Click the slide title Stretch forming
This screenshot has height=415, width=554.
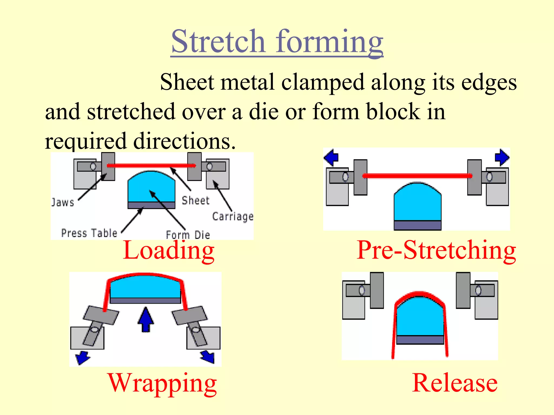click(277, 42)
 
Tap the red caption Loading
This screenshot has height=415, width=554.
click(169, 251)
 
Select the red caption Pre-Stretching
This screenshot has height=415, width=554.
click(436, 250)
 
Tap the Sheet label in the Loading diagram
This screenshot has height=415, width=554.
click(196, 200)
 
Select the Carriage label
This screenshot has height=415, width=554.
click(233, 216)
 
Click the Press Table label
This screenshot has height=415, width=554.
click(89, 233)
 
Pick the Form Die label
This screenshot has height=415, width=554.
click(188, 235)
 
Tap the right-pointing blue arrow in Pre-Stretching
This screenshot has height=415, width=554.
click(502, 157)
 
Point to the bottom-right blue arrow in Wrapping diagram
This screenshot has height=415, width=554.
click(208, 357)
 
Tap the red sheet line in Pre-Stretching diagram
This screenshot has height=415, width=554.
click(417, 176)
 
